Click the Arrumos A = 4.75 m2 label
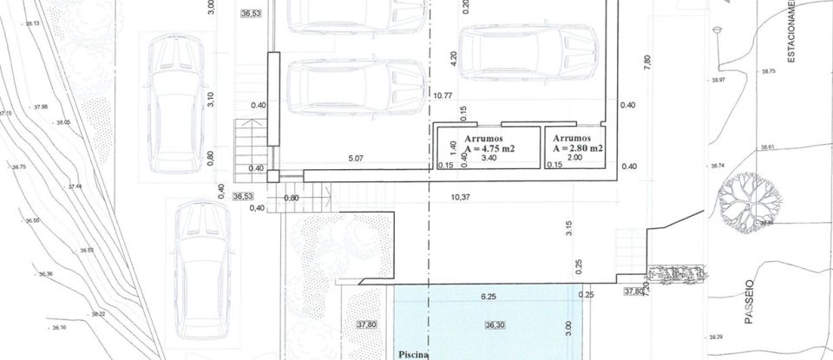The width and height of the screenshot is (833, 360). pyautogui.click(x=489, y=144)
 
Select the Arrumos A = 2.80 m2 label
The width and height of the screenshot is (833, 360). pyautogui.click(x=577, y=144)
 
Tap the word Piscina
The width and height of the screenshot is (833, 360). pyautogui.click(x=415, y=354)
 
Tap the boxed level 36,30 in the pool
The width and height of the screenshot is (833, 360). pyautogui.click(x=495, y=325)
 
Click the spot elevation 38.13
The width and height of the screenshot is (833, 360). pyautogui.click(x=32, y=23)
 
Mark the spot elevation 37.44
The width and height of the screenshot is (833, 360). pyautogui.click(x=75, y=187)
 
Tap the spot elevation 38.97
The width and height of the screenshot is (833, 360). pyautogui.click(x=717, y=80)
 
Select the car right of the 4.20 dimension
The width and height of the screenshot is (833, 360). pyautogui.click(x=528, y=51)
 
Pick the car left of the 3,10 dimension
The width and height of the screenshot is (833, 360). pyautogui.click(x=178, y=104)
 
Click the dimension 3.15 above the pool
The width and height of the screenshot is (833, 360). pyautogui.click(x=569, y=229)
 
